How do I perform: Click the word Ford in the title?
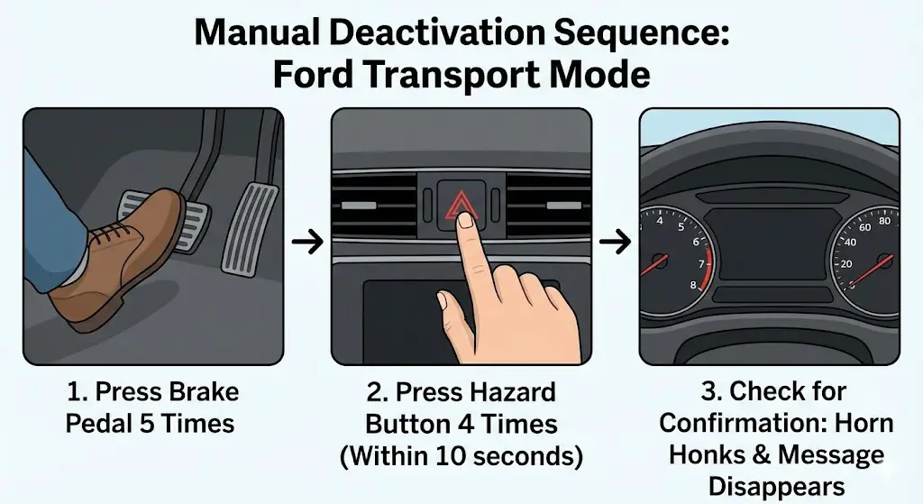click(319, 74)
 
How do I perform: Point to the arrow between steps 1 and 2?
click(307, 241)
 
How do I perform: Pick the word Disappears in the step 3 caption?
click(776, 486)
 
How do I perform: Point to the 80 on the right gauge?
click(882, 220)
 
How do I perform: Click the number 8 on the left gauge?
click(691, 285)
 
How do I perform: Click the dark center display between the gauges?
click(769, 243)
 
